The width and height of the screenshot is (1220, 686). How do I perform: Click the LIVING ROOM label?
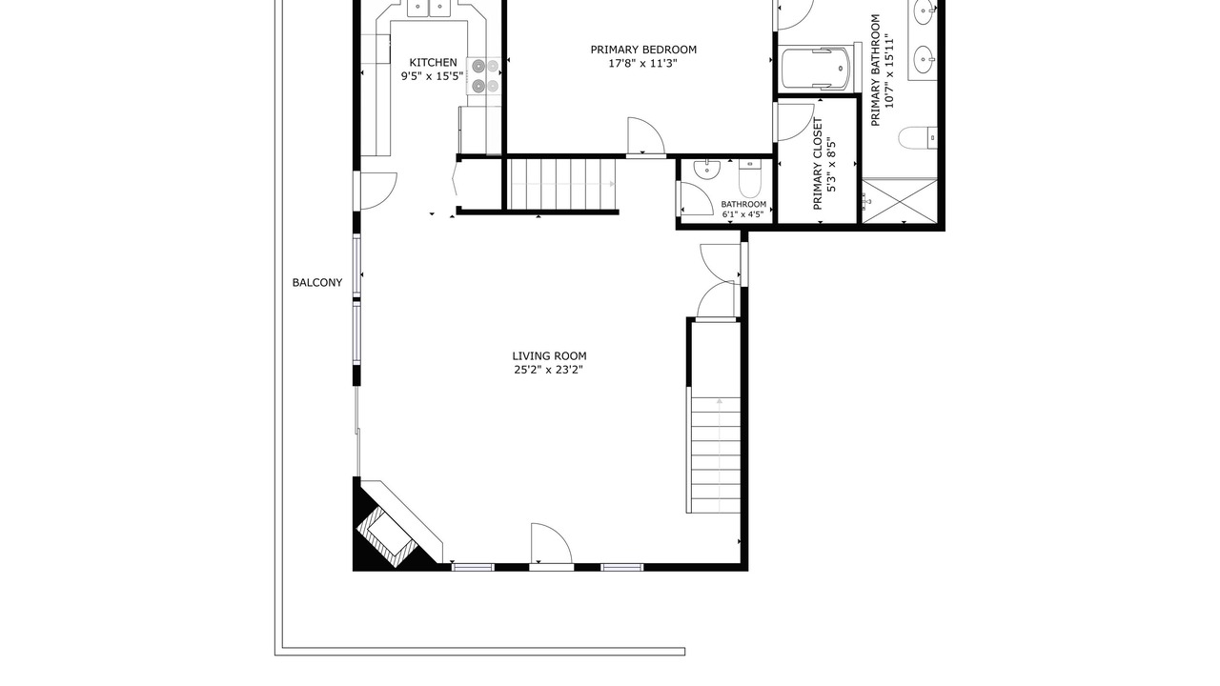point(549,356)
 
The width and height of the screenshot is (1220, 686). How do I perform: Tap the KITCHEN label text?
point(433,63)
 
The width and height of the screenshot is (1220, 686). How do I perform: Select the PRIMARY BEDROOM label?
point(643,50)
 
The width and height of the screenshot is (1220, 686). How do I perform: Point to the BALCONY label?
point(317,283)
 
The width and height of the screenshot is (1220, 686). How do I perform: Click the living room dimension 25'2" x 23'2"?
point(549,371)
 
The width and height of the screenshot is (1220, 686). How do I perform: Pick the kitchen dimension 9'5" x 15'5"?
point(433,76)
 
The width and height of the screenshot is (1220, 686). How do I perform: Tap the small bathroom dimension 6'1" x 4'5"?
point(742,214)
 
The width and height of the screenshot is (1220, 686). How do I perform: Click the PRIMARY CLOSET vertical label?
point(818,164)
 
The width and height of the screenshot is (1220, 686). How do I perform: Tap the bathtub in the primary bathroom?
point(815,69)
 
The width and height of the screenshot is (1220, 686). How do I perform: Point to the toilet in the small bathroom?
point(750,177)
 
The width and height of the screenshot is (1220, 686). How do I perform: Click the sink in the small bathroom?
point(707,169)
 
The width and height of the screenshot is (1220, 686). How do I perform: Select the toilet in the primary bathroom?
point(918,138)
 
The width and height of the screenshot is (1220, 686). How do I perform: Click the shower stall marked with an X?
point(901,201)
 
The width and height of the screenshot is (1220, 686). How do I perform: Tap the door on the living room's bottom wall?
point(551,544)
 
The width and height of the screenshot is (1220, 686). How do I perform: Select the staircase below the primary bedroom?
point(562,184)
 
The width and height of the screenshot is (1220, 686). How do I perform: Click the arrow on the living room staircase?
point(720,455)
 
